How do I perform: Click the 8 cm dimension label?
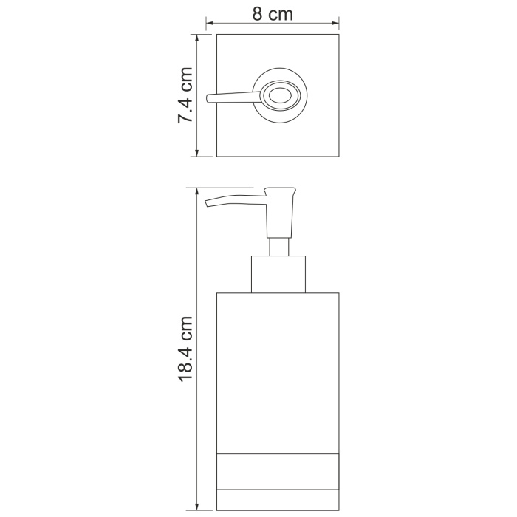click(x=273, y=14)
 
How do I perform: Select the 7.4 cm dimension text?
click(x=185, y=95)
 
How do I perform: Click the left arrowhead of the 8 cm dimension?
click(x=209, y=23)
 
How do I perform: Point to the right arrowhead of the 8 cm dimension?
click(x=335, y=23)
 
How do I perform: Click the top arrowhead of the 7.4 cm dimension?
click(x=197, y=38)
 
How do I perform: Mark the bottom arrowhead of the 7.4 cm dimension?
click(x=197, y=153)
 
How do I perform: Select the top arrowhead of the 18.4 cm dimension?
click(x=197, y=191)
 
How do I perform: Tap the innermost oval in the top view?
click(x=280, y=97)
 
